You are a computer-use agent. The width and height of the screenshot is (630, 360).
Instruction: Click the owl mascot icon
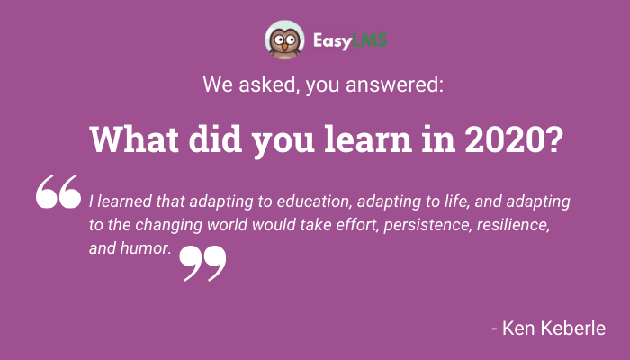click(284, 40)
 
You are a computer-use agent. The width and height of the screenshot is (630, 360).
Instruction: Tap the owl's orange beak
click(284, 47)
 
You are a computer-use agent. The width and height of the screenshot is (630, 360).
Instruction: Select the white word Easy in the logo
click(332, 41)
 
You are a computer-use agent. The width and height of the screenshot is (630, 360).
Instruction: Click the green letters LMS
click(370, 40)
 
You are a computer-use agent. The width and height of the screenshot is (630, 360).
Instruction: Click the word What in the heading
click(134, 139)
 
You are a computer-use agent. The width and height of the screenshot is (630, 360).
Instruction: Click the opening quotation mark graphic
click(58, 192)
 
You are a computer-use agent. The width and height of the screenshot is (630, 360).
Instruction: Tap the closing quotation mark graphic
click(202, 264)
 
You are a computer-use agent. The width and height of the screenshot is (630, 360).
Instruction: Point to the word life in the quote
click(457, 202)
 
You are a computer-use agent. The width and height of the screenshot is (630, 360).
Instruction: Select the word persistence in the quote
click(427, 225)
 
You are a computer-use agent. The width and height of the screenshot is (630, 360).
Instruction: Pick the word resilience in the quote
click(513, 225)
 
